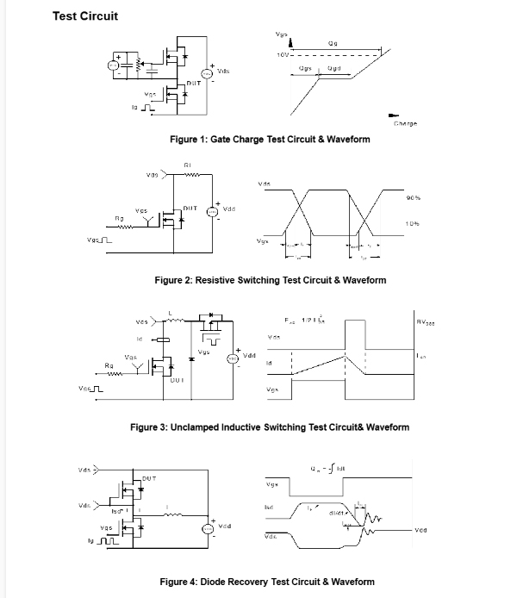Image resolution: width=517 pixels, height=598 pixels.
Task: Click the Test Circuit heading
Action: coord(85,16)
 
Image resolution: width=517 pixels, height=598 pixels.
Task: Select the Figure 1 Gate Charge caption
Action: coord(270,139)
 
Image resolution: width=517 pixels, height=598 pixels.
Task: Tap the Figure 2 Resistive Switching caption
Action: coord(270,280)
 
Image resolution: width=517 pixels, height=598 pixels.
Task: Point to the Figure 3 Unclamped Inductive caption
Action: coord(269,427)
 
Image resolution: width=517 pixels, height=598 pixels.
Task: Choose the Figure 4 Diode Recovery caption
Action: coord(267,582)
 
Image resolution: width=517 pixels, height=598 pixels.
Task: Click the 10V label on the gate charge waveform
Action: coord(282,54)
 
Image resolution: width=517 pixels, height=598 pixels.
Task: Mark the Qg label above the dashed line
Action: coord(333,43)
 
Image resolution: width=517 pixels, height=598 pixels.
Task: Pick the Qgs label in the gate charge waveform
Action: coord(305,67)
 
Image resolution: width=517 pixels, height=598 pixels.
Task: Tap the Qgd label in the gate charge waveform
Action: coord(333,67)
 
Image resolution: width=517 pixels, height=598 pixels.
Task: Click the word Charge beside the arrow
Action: coord(405,124)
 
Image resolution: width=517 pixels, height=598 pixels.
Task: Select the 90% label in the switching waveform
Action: coord(413,198)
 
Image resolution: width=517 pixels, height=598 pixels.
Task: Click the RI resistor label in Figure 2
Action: coord(187,164)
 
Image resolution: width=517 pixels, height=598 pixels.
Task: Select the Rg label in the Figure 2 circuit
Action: coord(119,219)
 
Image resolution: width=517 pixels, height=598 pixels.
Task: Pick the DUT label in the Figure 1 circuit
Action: coord(196,83)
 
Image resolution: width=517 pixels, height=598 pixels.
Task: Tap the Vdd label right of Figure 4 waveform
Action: coord(421,529)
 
